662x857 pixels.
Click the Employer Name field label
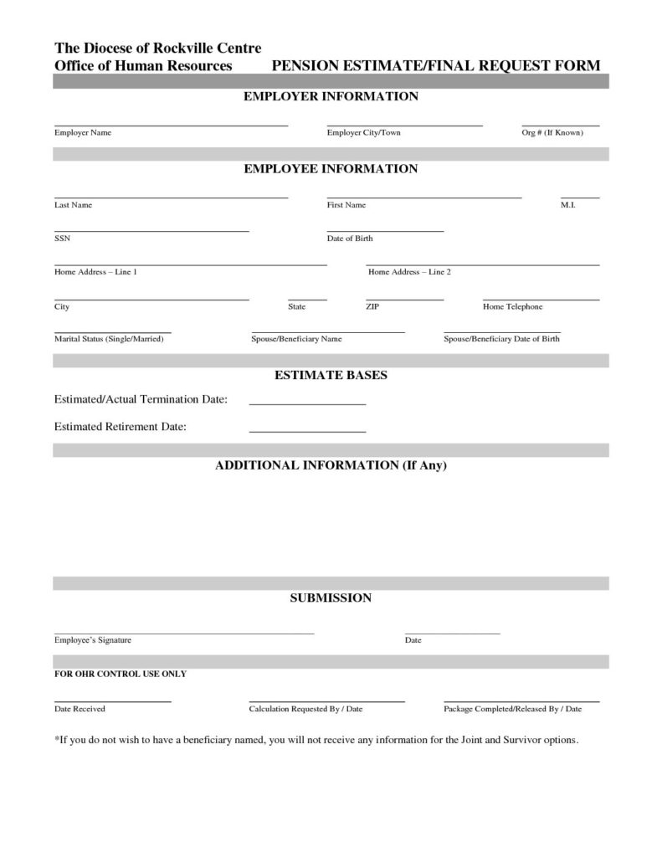pyautogui.click(x=83, y=133)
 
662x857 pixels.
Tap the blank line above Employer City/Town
pyautogui.click(x=404, y=126)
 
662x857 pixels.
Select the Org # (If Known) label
pyautogui.click(x=552, y=133)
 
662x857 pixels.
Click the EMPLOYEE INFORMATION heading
pyautogui.click(x=331, y=169)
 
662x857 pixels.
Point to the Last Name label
pyautogui.click(x=73, y=205)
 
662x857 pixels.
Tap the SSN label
pyautogui.click(x=62, y=239)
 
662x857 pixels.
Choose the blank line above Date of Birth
pyautogui.click(x=385, y=231)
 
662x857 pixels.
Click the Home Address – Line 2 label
pyautogui.click(x=409, y=272)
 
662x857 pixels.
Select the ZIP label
pyautogui.click(x=372, y=307)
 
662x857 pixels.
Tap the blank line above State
pyautogui.click(x=307, y=299)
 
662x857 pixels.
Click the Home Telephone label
pyautogui.click(x=512, y=307)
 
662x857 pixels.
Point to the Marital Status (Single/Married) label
pyautogui.click(x=109, y=339)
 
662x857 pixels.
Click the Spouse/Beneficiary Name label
pyautogui.click(x=296, y=339)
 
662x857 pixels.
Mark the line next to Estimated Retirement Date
pyautogui.click(x=307, y=432)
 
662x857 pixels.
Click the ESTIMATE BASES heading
pyautogui.click(x=331, y=376)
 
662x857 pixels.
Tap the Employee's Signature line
pyautogui.click(x=184, y=634)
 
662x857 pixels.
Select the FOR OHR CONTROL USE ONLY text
pyautogui.click(x=121, y=674)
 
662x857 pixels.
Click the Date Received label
pyautogui.click(x=80, y=709)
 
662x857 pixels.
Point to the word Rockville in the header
pyautogui.click(x=178, y=48)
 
